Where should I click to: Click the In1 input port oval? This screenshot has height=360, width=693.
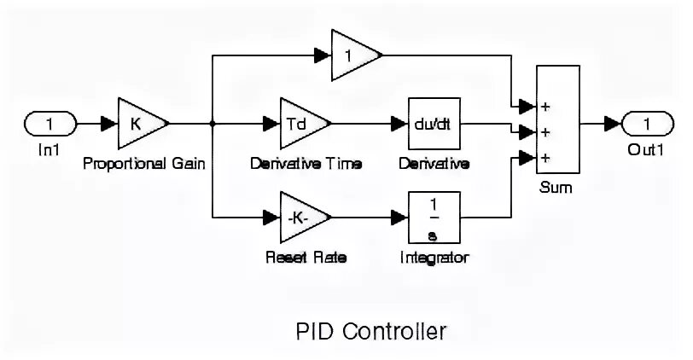(49, 124)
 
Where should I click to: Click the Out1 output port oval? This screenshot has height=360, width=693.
(646, 124)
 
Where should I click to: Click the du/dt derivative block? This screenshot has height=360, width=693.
(433, 124)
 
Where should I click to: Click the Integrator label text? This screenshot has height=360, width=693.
(434, 257)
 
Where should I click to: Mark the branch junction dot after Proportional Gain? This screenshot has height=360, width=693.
(211, 124)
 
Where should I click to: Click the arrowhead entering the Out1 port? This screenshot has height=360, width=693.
(612, 124)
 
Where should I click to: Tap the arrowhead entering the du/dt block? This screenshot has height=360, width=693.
(399, 124)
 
